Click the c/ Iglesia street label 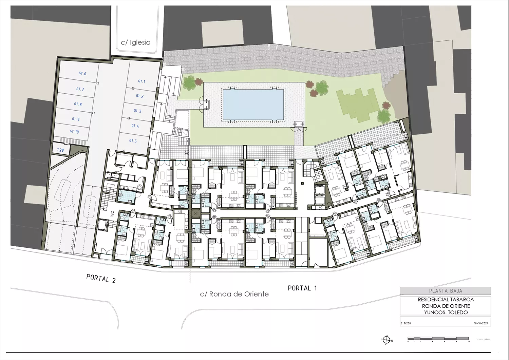click(135, 42)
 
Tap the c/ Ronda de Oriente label click(234, 294)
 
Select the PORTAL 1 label click(302, 288)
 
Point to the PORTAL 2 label click(101, 279)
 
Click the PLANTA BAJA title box click(445, 291)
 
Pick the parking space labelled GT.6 click(82, 74)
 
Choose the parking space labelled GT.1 click(141, 81)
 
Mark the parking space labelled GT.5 click(133, 141)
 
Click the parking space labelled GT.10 click(74, 132)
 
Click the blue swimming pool click(253, 105)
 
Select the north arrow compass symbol click(386, 340)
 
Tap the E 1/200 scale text click(406, 323)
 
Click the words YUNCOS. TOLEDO click(446, 312)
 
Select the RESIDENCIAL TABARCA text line click(446, 300)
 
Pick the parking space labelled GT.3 click(137, 111)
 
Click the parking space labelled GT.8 click(78, 104)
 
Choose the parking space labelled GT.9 click(75, 119)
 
